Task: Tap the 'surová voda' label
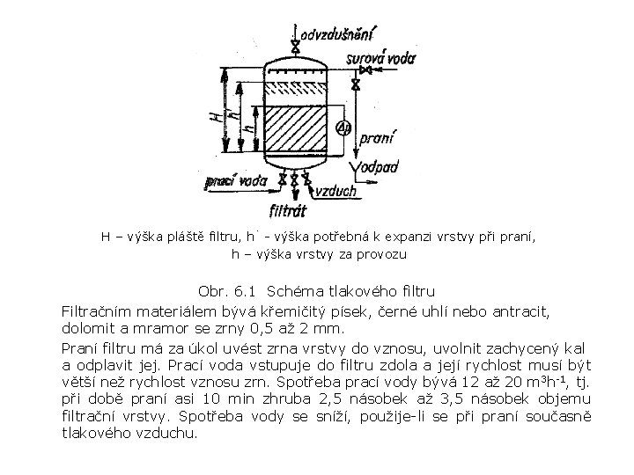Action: pyautogui.click(x=383, y=59)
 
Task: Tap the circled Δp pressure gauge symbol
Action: pyautogui.click(x=344, y=128)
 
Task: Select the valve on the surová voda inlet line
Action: pyautogui.click(x=356, y=84)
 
